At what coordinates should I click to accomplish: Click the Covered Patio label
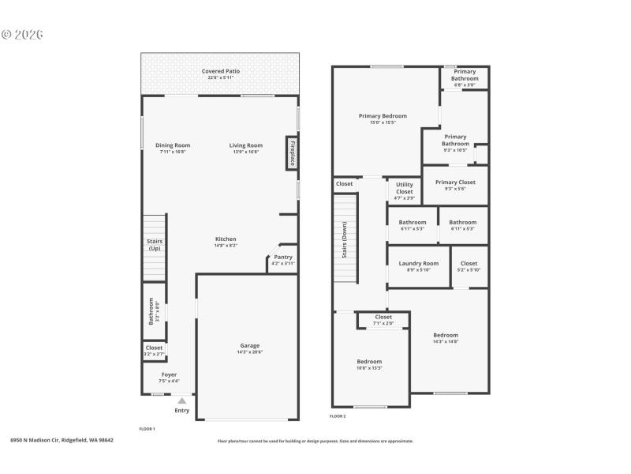221,71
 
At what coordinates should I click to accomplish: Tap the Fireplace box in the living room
292,152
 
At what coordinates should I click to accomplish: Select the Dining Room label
173,145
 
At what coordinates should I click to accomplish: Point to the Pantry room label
282,257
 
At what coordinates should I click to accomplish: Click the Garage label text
250,345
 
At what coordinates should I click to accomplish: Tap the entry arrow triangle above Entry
181,401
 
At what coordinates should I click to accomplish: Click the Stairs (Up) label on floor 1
154,245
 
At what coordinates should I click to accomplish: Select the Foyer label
170,374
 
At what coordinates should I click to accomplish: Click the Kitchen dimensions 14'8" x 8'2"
226,246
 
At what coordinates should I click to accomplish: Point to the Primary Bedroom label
383,116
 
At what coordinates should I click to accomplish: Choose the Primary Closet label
455,182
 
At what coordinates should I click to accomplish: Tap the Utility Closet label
404,187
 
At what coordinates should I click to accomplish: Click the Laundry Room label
419,263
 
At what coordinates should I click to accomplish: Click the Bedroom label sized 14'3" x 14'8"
446,335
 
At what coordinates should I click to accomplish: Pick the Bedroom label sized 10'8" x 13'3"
369,361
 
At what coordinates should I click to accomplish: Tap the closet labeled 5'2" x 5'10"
469,263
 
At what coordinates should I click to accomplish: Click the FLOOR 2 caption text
338,416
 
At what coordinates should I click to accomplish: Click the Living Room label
246,145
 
